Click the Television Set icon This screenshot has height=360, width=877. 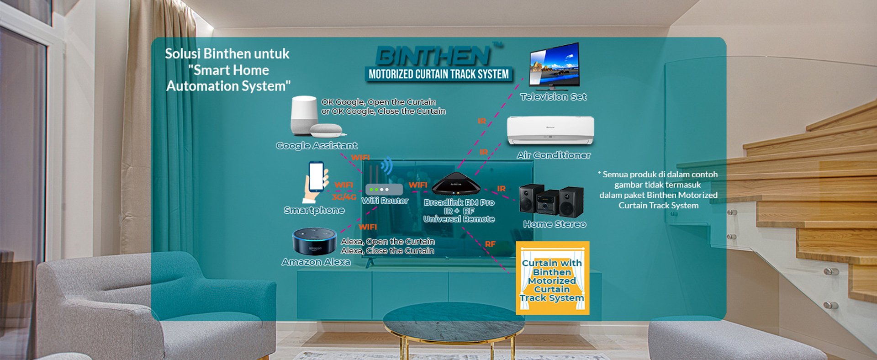pyautogui.click(x=554, y=65)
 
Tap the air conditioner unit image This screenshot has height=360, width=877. pyautogui.click(x=550, y=130)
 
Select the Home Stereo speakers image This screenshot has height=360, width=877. pyautogui.click(x=551, y=200)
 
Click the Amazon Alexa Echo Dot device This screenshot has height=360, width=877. pyautogui.click(x=314, y=241)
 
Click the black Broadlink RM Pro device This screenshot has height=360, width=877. pyautogui.click(x=456, y=184)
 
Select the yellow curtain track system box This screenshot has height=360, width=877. pyautogui.click(x=552, y=278)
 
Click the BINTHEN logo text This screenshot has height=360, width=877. pyautogui.click(x=433, y=56)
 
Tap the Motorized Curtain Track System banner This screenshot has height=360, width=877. pyautogui.click(x=438, y=74)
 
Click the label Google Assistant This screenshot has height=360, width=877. pyautogui.click(x=317, y=146)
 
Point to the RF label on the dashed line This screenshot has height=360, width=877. pyautogui.click(x=490, y=244)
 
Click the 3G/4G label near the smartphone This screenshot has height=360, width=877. pyautogui.click(x=344, y=197)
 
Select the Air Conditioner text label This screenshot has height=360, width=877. pyautogui.click(x=554, y=155)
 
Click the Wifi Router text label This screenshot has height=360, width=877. pyautogui.click(x=385, y=201)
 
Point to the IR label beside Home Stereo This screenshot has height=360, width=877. pyautogui.click(x=501, y=189)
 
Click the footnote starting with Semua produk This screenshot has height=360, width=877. pyautogui.click(x=658, y=190)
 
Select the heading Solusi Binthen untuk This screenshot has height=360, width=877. pyautogui.click(x=227, y=54)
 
